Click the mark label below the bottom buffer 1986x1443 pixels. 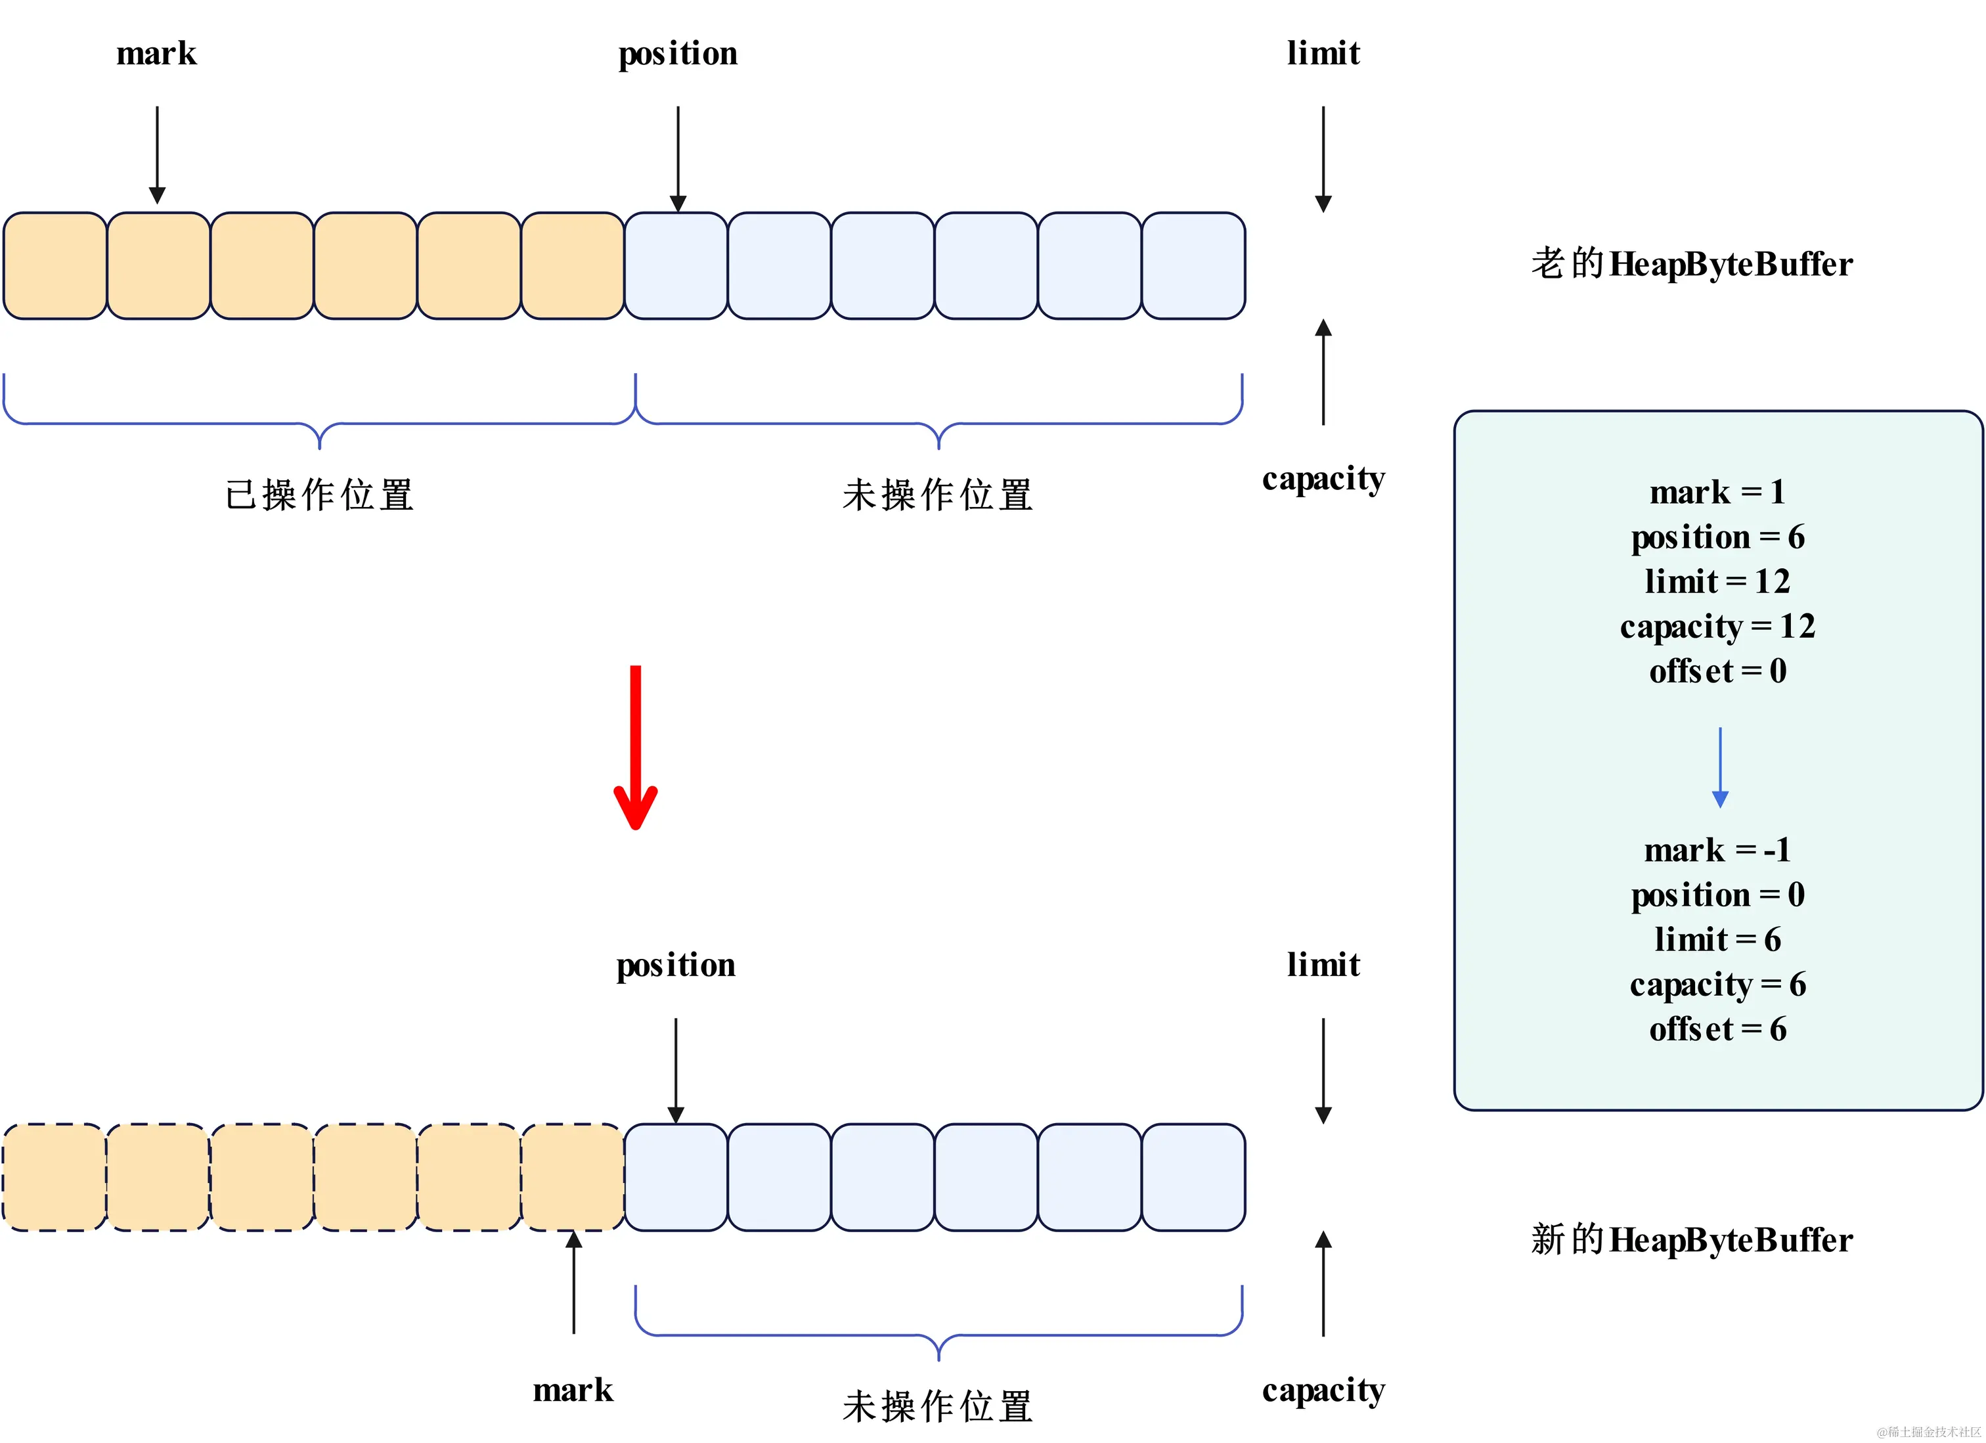click(x=573, y=1390)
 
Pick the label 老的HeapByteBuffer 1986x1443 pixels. click(x=1691, y=263)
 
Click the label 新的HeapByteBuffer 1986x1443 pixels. click(x=1691, y=1240)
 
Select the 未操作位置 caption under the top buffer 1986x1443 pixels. click(x=938, y=495)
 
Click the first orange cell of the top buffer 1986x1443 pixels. click(x=55, y=265)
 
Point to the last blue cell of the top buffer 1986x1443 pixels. click(x=1193, y=265)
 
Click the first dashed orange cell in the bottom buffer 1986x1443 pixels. click(x=55, y=1177)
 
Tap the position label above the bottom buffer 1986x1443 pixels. click(x=675, y=965)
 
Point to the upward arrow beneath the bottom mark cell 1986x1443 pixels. click(x=573, y=1283)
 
